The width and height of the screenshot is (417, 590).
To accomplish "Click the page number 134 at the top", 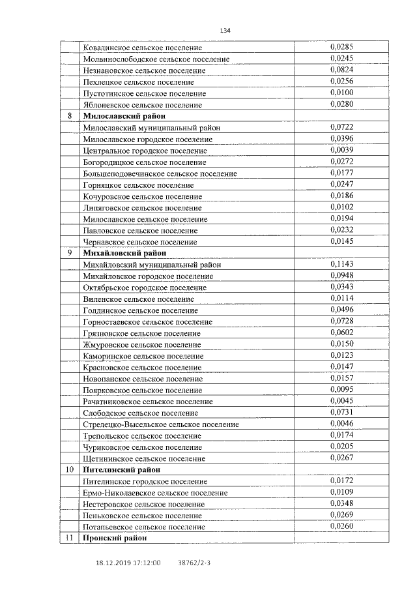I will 225,31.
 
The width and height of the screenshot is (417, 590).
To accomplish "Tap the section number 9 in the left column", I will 70,253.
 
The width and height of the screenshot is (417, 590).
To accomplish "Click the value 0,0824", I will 341,70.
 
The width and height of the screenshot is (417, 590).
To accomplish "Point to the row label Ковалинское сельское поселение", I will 143,48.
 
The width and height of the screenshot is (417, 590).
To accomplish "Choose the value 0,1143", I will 341,264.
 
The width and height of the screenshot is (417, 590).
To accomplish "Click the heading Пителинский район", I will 122,469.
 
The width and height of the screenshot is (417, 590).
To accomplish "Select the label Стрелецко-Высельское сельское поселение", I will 161,424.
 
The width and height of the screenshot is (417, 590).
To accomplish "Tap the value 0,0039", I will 341,150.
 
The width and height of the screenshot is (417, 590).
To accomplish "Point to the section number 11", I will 70,538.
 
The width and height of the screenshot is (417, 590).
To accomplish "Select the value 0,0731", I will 341,413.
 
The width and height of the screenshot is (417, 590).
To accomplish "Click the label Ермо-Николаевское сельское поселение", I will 156,493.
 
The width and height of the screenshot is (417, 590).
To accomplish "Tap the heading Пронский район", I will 114,538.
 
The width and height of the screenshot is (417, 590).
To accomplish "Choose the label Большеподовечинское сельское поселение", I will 160,173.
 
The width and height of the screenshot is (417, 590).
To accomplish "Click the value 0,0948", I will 341,276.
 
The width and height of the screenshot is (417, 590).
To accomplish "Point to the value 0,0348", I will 341,504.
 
